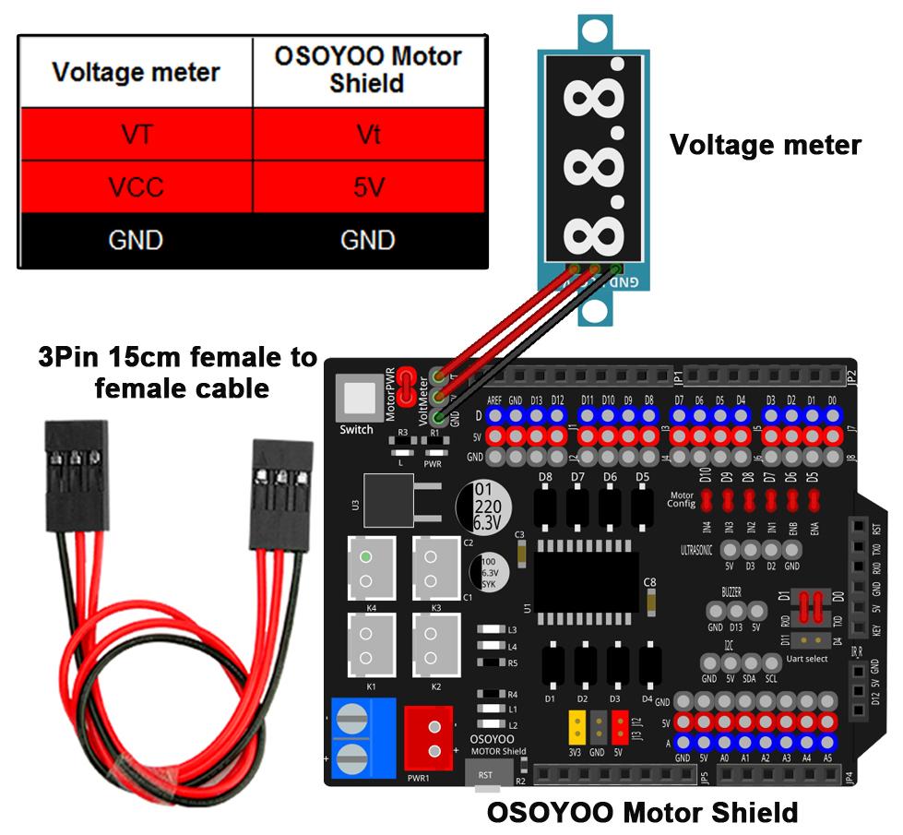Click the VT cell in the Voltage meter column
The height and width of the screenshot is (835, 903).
tap(136, 135)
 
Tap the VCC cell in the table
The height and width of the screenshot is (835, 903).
tap(136, 187)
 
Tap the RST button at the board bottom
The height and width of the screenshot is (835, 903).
tap(487, 777)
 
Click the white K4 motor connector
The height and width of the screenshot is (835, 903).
tap(366, 569)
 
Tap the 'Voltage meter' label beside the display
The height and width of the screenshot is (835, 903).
tap(765, 145)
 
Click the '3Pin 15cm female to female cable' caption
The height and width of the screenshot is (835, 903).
tap(177, 372)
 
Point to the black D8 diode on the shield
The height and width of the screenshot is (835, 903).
tap(546, 506)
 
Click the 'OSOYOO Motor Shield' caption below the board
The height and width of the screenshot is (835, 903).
tap(641, 813)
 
